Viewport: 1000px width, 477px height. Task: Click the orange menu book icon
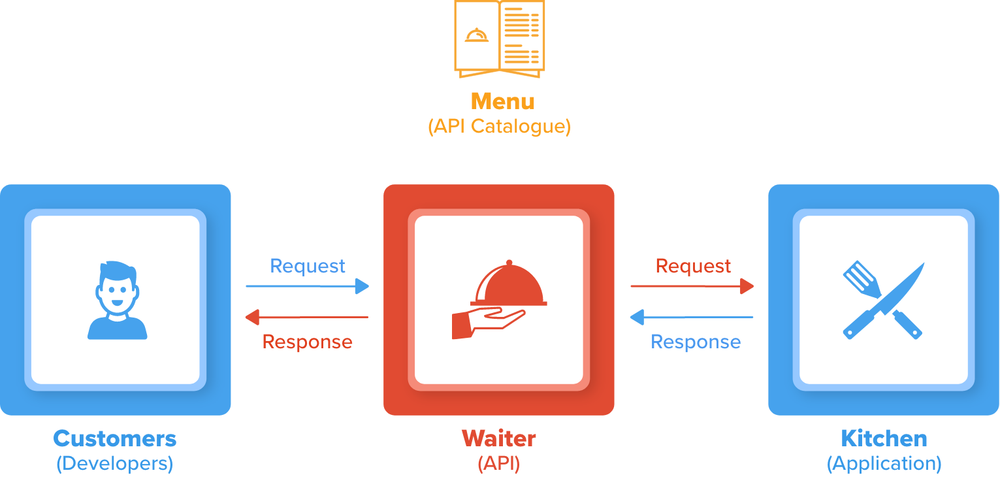[500, 37]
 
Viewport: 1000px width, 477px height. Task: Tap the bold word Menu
[502, 101]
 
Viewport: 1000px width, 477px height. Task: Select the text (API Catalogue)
[499, 126]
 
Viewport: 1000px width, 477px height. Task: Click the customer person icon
[117, 300]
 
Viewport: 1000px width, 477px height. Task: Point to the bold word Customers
[115, 438]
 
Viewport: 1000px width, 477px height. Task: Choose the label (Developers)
[115, 463]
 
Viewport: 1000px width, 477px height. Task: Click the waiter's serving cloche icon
[499, 300]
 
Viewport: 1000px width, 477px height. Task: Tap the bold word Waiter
[499, 438]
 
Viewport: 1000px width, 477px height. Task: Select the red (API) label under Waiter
[499, 463]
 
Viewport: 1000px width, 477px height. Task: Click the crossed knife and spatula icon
[883, 300]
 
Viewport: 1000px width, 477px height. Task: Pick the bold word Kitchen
[884, 438]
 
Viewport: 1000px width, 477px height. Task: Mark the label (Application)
[884, 463]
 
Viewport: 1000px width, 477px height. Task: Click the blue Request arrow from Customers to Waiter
[307, 286]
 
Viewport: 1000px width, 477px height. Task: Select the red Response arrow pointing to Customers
[307, 318]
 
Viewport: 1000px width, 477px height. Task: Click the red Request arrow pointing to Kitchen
[692, 286]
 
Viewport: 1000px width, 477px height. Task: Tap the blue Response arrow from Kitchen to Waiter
[692, 318]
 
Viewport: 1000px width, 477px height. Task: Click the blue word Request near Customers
[308, 266]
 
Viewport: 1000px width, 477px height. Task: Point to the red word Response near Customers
[307, 342]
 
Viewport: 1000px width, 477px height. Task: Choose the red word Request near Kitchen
[693, 266]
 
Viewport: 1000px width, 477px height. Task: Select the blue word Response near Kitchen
[696, 342]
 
